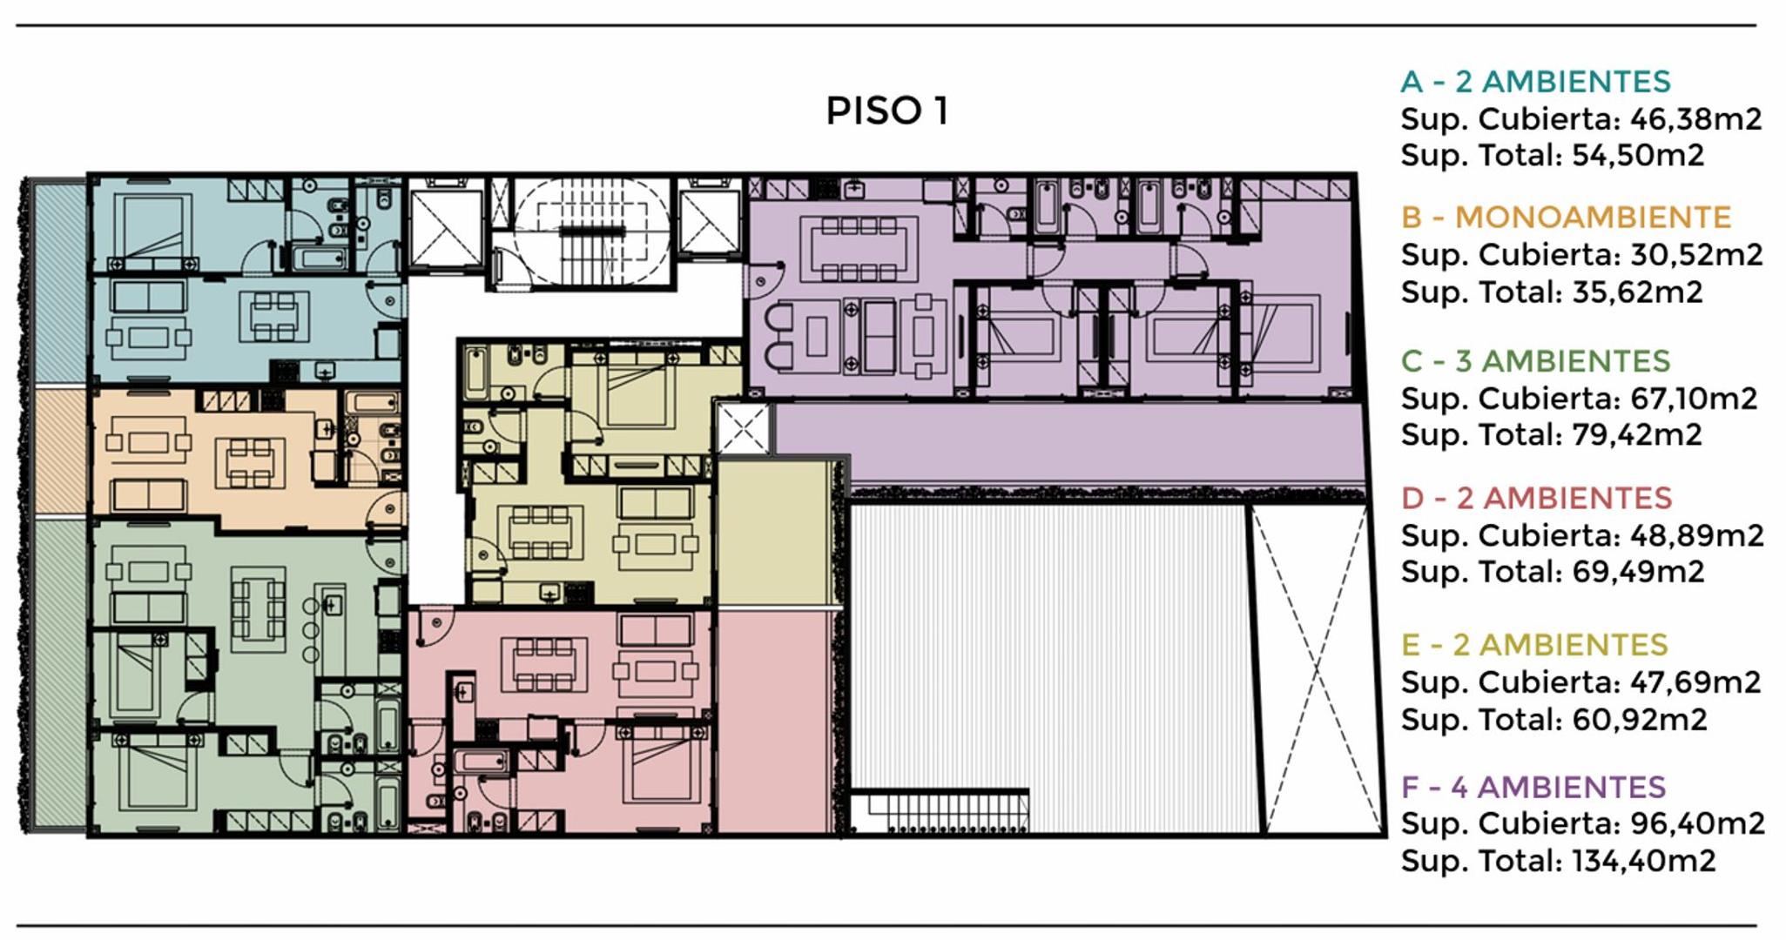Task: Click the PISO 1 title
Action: coord(886,111)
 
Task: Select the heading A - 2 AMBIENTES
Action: coord(1535,82)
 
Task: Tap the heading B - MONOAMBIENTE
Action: coord(1566,218)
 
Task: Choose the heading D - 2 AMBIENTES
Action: coord(1536,499)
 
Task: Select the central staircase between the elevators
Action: coord(592,232)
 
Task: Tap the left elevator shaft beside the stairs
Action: coord(446,228)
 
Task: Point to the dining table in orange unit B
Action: coord(250,462)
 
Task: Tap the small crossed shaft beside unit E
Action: coord(743,428)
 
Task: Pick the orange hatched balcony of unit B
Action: coord(60,452)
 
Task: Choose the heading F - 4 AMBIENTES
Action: coord(1533,788)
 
